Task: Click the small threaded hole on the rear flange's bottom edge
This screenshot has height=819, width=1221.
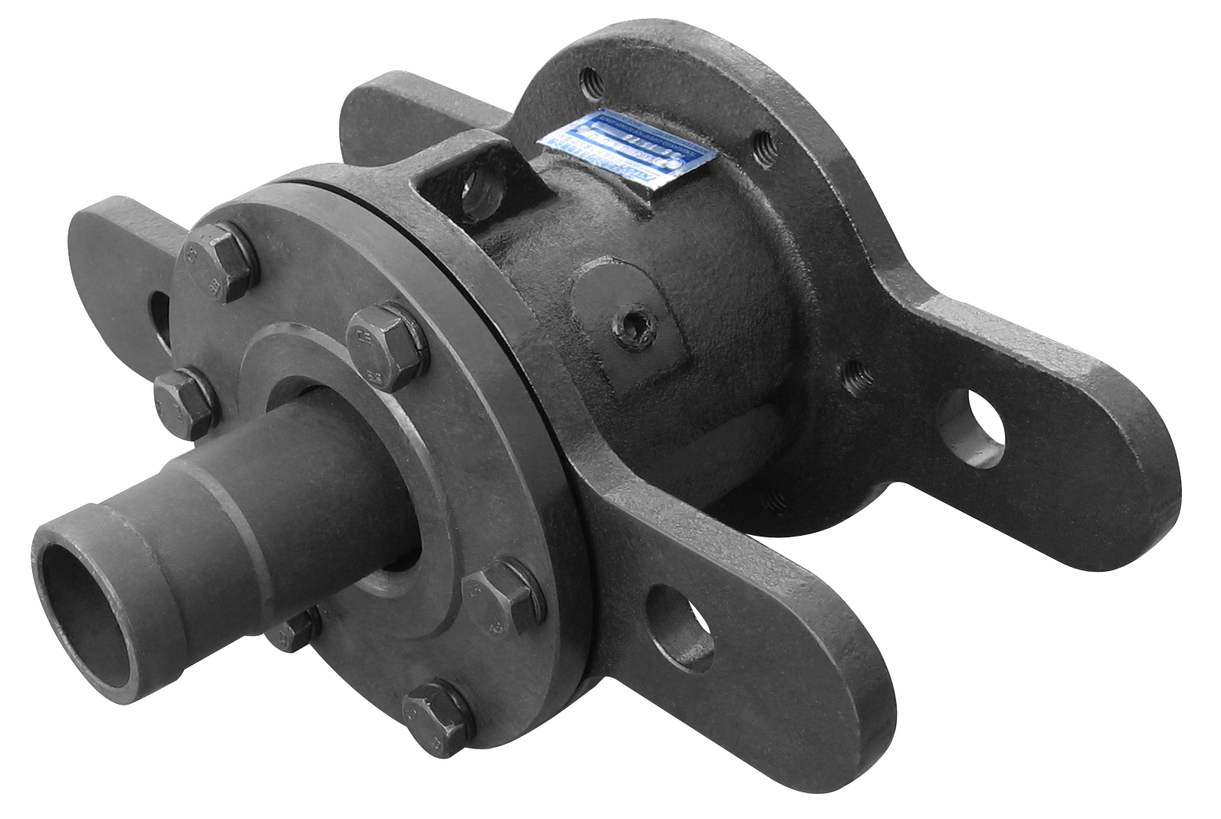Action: point(775,496)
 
